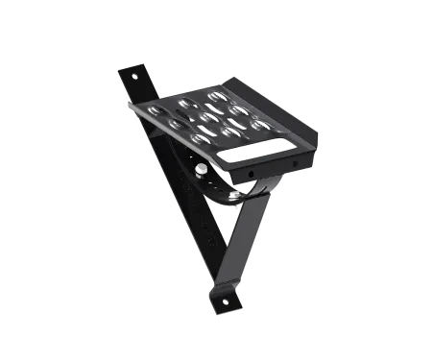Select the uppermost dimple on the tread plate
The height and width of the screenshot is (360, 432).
point(215,96)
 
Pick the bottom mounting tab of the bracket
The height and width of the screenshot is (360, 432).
point(228,298)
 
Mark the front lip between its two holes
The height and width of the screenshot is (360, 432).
point(273,166)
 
